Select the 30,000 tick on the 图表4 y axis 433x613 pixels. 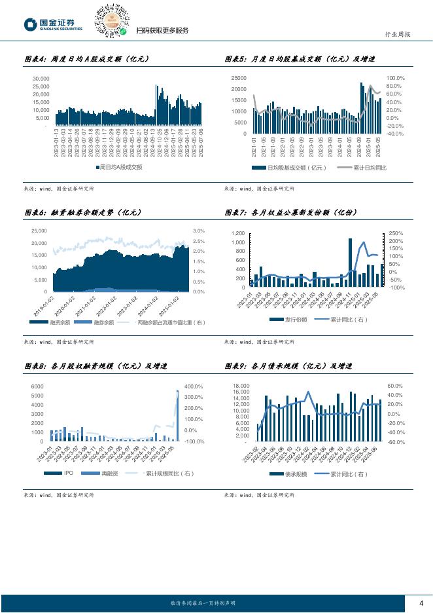tap(41, 78)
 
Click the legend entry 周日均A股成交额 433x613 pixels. tap(117, 168)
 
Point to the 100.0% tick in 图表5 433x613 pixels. tap(396, 78)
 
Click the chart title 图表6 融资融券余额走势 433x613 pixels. tap(82, 213)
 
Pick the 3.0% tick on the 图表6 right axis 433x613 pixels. tap(199, 231)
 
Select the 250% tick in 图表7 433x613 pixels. tap(396, 233)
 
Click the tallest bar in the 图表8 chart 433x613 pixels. tap(177, 415)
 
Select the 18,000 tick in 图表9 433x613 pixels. tap(241, 386)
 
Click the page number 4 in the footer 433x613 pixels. tap(421, 603)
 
